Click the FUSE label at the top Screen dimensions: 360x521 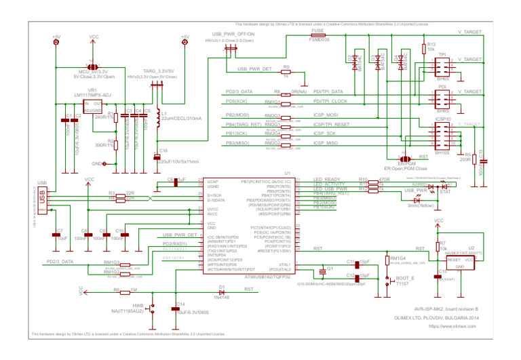[317, 31]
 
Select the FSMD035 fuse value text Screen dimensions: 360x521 [319, 40]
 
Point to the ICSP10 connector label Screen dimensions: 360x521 [443, 120]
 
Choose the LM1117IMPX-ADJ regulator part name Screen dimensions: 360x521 [93, 95]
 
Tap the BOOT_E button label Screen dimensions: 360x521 [405, 277]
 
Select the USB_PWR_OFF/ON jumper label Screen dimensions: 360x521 [233, 33]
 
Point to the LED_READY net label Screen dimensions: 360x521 [327, 179]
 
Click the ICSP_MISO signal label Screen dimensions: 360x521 [326, 143]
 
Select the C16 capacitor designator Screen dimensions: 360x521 [163, 151]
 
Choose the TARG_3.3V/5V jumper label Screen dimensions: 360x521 [158, 71]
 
